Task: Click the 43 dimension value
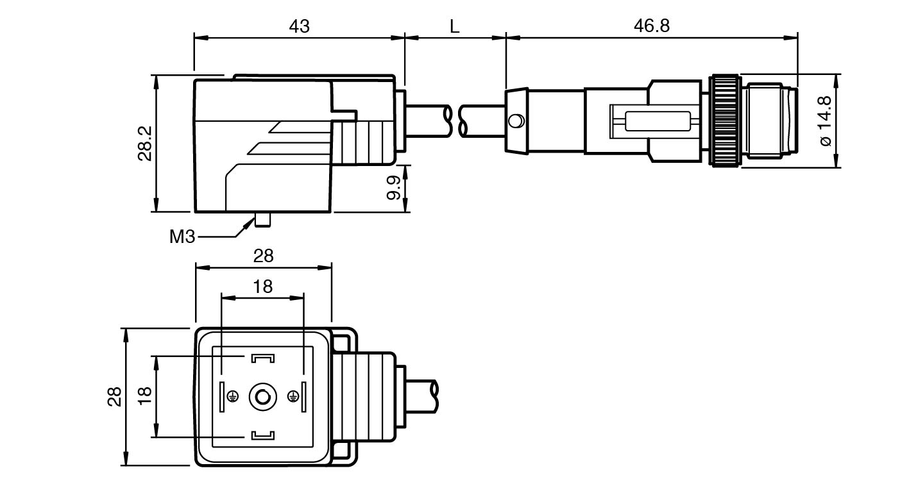click(x=299, y=26)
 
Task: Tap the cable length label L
click(x=455, y=26)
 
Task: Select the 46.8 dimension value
click(x=651, y=26)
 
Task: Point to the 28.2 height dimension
click(x=144, y=143)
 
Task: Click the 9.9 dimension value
click(x=394, y=187)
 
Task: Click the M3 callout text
click(x=182, y=237)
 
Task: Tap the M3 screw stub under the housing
click(x=262, y=219)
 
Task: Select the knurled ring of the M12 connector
click(x=724, y=121)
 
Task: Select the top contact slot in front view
click(x=263, y=358)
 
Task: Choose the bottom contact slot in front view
click(x=263, y=436)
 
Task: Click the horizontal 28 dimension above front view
click(x=263, y=256)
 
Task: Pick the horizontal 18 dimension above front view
click(x=262, y=287)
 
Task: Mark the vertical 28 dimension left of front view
click(x=114, y=397)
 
